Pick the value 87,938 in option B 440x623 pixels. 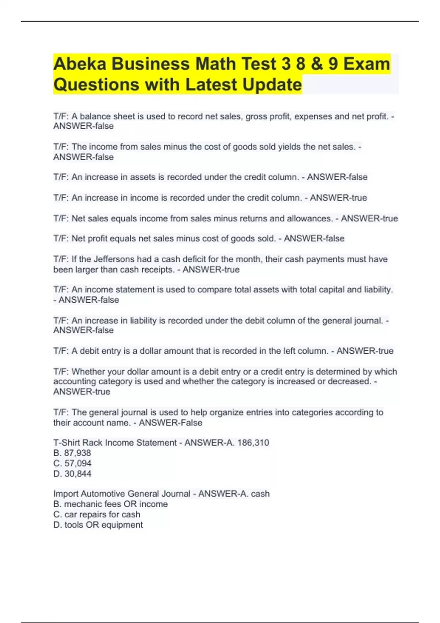[x=77, y=453]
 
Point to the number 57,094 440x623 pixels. [x=78, y=463]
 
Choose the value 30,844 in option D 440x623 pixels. [x=78, y=474]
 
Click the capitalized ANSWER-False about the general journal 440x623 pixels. [x=170, y=423]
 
